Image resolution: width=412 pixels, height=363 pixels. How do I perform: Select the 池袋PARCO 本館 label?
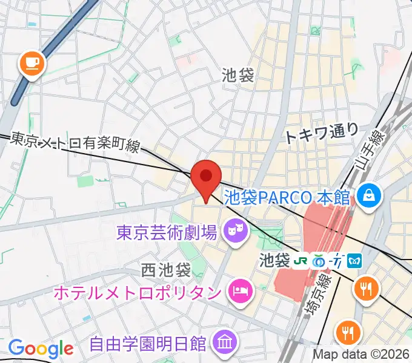point(288,197)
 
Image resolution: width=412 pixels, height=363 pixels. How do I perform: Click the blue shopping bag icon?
point(368,195)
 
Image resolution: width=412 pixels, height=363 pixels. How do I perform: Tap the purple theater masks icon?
point(234,229)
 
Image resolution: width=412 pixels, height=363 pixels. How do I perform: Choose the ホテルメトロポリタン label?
point(138,292)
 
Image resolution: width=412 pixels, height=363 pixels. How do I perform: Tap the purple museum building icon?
point(225,343)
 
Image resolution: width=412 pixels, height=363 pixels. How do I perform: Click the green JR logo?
point(299,261)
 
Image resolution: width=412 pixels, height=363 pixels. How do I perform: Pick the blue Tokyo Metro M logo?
point(356,261)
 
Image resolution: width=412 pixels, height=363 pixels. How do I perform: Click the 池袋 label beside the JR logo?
point(274,261)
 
